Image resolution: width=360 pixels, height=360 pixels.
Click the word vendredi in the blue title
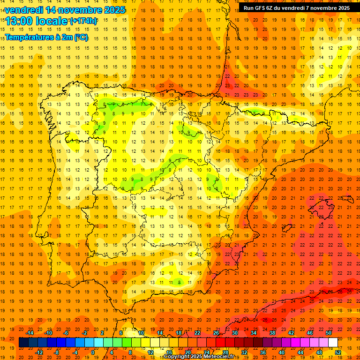click(23, 10)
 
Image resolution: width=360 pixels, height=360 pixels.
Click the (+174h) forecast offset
click(83, 21)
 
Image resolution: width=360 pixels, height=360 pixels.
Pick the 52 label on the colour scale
click(338, 352)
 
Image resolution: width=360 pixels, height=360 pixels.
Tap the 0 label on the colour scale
click(93, 352)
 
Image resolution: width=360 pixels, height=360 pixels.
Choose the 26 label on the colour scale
click(216, 333)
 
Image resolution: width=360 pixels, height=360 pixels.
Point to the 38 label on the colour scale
click(272, 333)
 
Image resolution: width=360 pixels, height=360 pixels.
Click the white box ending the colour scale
click(333, 343)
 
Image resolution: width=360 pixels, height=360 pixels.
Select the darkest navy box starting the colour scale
click(24, 343)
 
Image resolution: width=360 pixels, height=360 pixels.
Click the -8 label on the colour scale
click(56, 352)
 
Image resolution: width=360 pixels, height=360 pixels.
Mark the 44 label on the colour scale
click(300, 352)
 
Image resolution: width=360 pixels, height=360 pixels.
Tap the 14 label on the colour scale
click(160, 333)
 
